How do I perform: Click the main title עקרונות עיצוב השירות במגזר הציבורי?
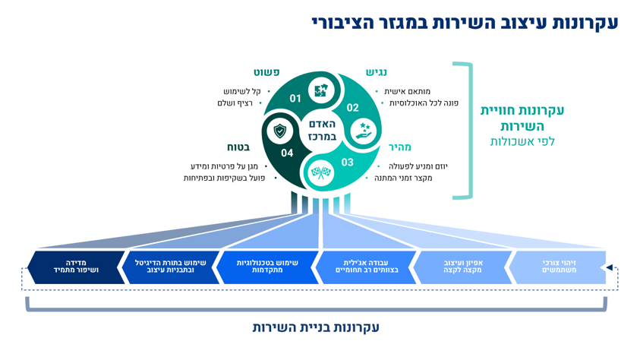click(465, 23)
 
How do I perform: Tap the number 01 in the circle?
click(295, 98)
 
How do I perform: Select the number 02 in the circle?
click(352, 108)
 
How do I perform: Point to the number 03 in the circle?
click(347, 162)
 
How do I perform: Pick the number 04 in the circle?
click(287, 153)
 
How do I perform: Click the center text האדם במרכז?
click(321, 130)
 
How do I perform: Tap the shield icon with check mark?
click(282, 131)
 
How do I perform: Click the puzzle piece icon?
click(321, 90)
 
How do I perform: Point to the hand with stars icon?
click(364, 130)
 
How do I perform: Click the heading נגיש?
click(376, 73)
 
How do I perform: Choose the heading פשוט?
click(266, 73)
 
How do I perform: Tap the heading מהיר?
click(399, 147)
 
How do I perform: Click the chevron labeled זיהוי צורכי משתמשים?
click(559, 267)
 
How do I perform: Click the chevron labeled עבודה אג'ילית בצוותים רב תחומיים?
click(366, 267)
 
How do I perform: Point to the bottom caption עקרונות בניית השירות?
click(316, 327)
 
